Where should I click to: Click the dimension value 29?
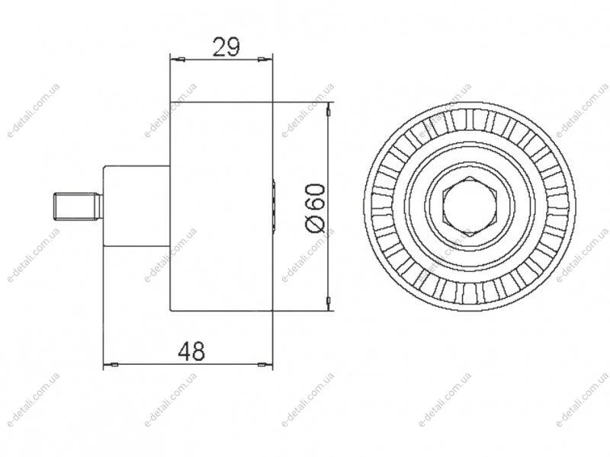(x=226, y=47)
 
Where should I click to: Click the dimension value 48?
(x=191, y=351)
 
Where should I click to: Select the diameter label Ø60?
(x=316, y=208)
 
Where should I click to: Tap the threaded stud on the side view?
(x=78, y=206)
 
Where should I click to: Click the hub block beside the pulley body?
(x=136, y=206)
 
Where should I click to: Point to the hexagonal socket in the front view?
(x=470, y=206)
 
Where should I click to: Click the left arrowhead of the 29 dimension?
(x=178, y=59)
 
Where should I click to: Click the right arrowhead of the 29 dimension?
(x=265, y=59)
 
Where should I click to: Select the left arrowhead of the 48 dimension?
(x=111, y=365)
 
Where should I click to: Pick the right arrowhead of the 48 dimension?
(x=265, y=365)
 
